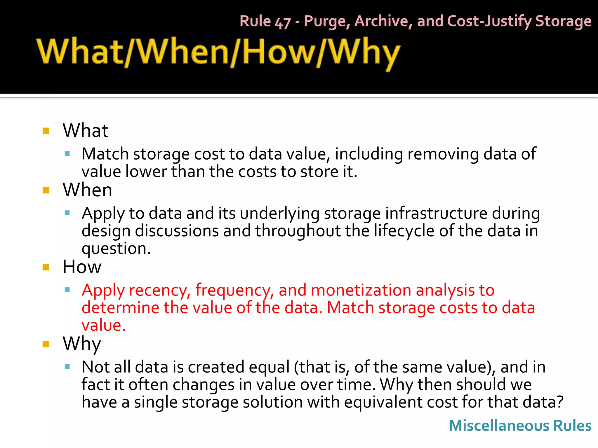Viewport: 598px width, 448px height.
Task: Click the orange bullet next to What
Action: (46, 131)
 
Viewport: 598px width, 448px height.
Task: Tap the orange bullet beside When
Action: (46, 190)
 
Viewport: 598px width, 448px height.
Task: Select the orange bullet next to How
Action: (46, 267)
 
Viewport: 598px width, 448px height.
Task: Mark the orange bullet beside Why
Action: (46, 344)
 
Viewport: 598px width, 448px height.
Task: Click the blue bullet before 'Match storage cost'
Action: (67, 154)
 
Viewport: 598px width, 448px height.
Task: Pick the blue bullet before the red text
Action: (67, 290)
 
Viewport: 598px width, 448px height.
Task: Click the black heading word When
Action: (87, 190)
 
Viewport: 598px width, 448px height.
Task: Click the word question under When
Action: (116, 249)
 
